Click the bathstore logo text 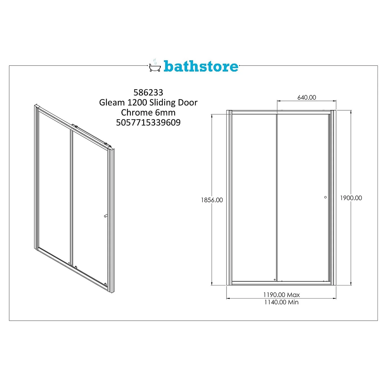[x=201, y=66]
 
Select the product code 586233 [x=148, y=92]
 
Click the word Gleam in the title [x=112, y=102]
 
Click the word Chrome [x=137, y=112]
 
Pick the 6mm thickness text [x=165, y=112]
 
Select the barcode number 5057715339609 [x=148, y=122]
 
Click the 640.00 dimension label [x=307, y=98]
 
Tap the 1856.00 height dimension [x=212, y=200]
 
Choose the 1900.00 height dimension [x=351, y=198]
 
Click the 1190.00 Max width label [x=281, y=295]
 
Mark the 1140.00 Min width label [x=281, y=302]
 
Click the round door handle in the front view [x=325, y=197]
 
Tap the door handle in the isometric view [x=106, y=216]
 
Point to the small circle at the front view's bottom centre [x=275, y=280]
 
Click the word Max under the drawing [x=293, y=295]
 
